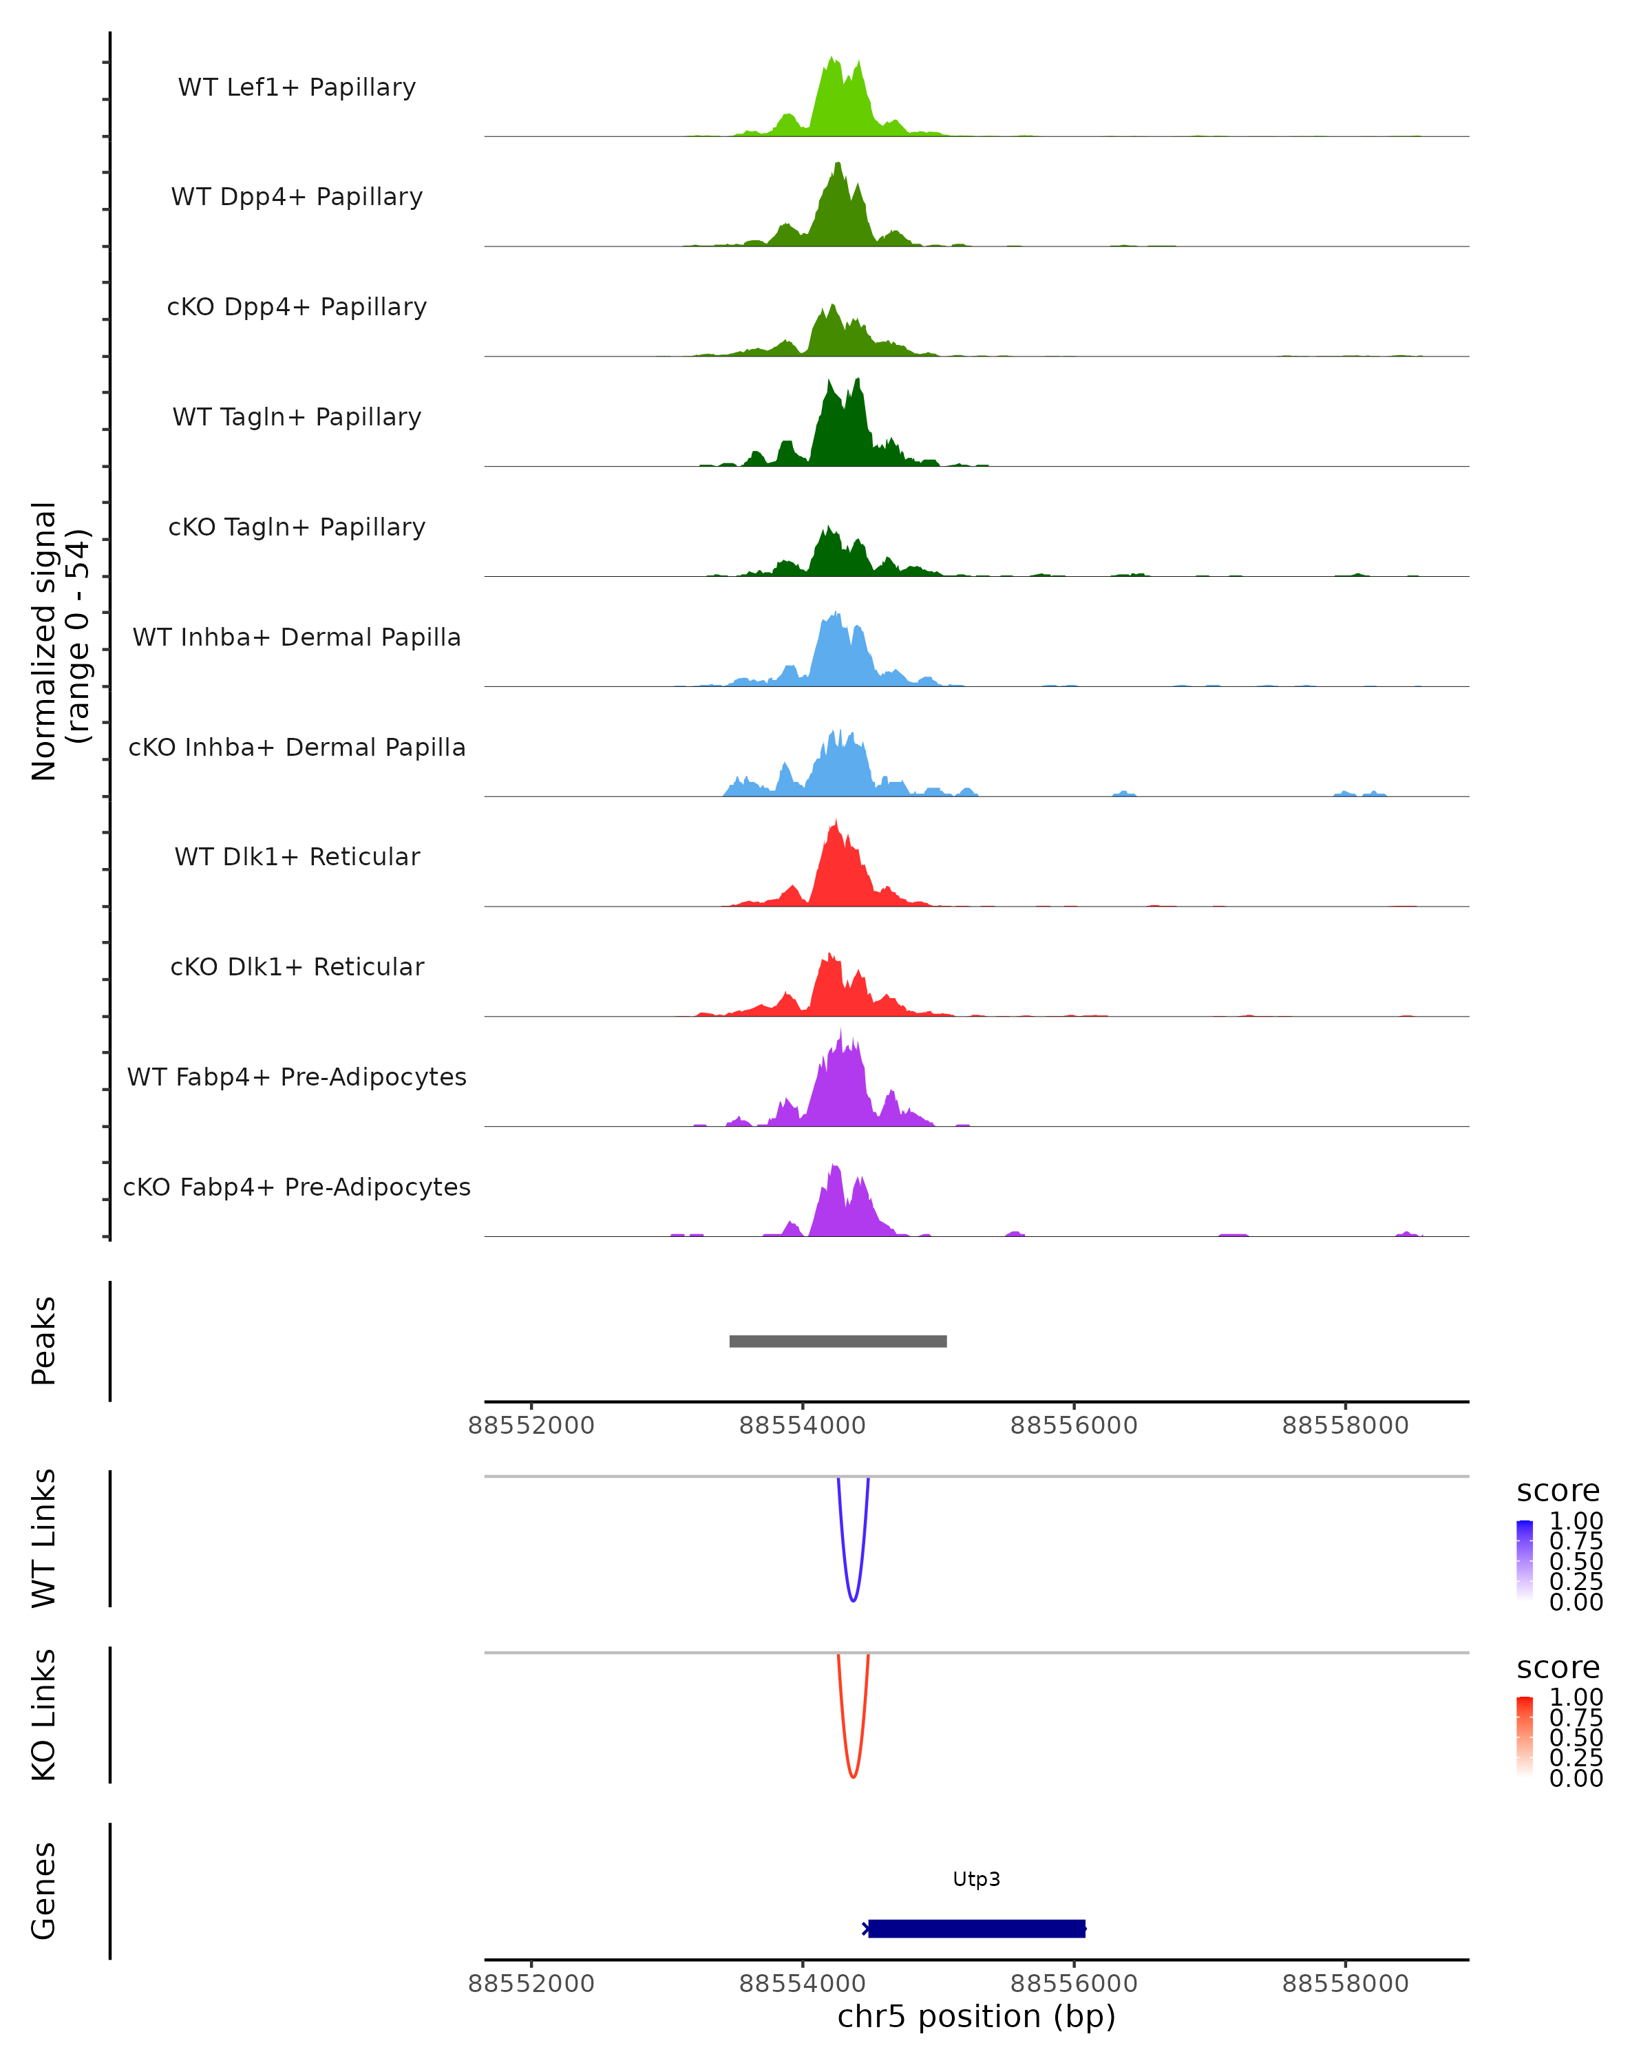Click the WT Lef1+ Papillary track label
pos(297,87)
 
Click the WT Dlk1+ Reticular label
pos(297,856)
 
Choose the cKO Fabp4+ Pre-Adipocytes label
pos(297,1187)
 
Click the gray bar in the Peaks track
pos(838,1341)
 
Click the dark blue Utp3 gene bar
pos(976,1928)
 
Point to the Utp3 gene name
pos(976,1879)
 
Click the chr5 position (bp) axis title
pos(976,2017)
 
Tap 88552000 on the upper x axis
pos(531,1426)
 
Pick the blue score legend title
pos(1557,1492)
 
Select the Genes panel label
pos(44,1891)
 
